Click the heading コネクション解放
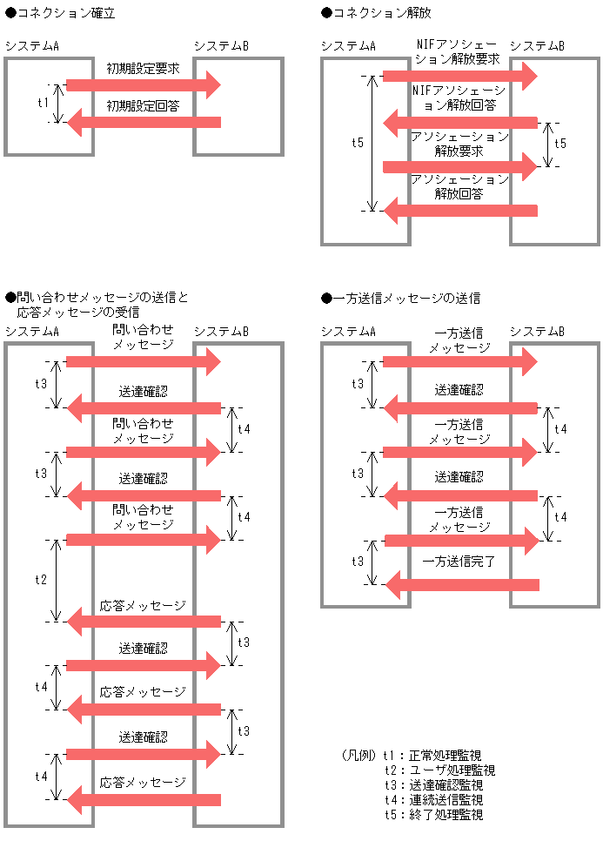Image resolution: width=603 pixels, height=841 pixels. (382, 13)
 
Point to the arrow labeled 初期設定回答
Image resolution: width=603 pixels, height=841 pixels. (144, 122)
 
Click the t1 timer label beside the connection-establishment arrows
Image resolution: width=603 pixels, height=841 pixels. (44, 104)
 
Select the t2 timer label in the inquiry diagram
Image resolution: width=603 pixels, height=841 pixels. (41, 580)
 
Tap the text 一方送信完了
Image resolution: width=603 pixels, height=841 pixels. (459, 562)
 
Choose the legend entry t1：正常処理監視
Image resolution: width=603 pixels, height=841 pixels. (432, 756)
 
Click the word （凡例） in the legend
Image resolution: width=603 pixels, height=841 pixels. (359, 756)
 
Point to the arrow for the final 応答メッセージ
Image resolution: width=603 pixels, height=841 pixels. (144, 799)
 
